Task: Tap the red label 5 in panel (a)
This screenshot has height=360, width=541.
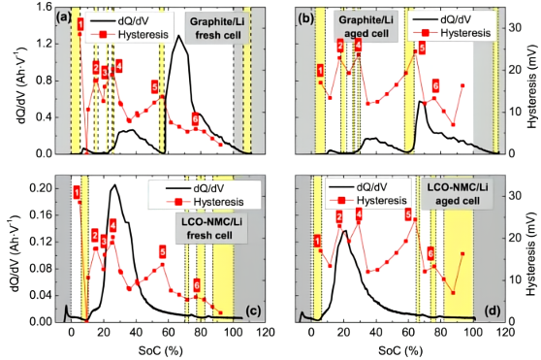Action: (x=154, y=87)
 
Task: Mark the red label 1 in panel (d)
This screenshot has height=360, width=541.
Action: (x=318, y=241)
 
